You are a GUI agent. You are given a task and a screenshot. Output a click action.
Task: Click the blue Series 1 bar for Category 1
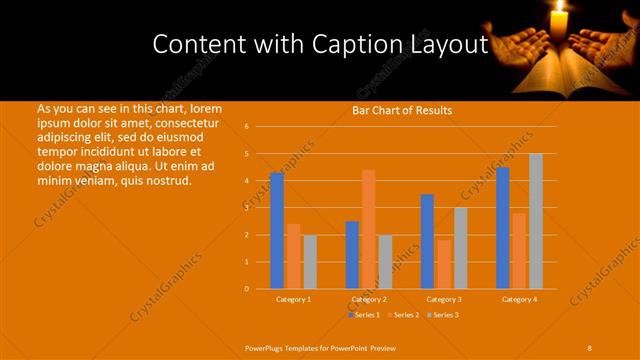pyautogui.click(x=277, y=231)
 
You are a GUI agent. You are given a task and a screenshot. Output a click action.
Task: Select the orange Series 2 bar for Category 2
pyautogui.click(x=369, y=229)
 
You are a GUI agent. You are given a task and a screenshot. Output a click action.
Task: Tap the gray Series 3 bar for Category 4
pyautogui.click(x=536, y=221)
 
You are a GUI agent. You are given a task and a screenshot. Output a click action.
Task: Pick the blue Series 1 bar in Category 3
pyautogui.click(x=428, y=241)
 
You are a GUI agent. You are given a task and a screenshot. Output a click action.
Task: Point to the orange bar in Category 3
pyautogui.click(x=444, y=264)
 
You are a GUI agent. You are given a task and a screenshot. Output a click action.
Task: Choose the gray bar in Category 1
pyautogui.click(x=310, y=262)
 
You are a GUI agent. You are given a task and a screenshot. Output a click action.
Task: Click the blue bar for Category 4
pyautogui.click(x=503, y=228)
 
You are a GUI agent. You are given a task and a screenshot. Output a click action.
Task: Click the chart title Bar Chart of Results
pyautogui.click(x=402, y=110)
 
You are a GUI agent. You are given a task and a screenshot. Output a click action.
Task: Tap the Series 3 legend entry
pyautogui.click(x=443, y=315)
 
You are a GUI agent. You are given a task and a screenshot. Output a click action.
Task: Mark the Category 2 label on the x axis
pyautogui.click(x=369, y=299)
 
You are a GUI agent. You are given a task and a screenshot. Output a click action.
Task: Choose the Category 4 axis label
pyautogui.click(x=519, y=299)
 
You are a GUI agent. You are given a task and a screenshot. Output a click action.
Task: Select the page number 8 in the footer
pyautogui.click(x=590, y=347)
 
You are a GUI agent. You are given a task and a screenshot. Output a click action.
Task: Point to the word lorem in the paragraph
pyautogui.click(x=205, y=108)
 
